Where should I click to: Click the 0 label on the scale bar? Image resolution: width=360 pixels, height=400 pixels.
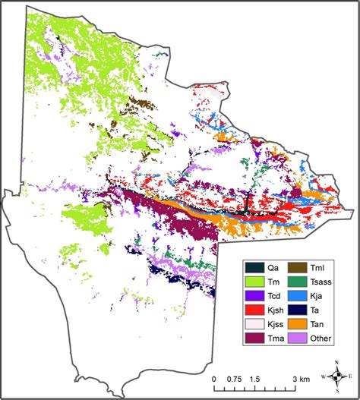(214, 379)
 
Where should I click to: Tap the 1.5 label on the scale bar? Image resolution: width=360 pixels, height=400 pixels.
(255, 379)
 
